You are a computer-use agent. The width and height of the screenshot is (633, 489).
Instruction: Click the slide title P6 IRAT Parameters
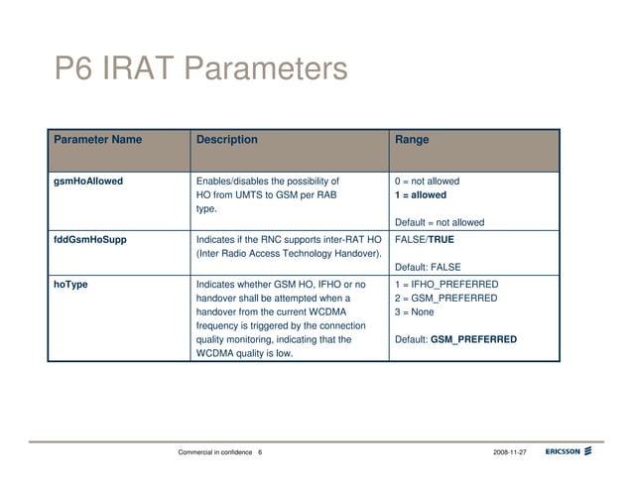pyautogui.click(x=200, y=70)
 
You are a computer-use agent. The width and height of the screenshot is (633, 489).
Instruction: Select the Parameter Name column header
pyautogui.click(x=97, y=140)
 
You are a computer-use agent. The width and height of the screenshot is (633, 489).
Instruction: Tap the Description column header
pyautogui.click(x=227, y=140)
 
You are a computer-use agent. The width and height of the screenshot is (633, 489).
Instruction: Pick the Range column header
pyautogui.click(x=412, y=140)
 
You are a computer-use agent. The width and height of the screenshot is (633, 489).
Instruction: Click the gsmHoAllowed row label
pyautogui.click(x=88, y=182)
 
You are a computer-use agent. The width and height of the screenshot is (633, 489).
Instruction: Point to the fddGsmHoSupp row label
pyautogui.click(x=89, y=240)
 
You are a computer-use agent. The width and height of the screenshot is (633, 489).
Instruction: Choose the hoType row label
pyautogui.click(x=70, y=285)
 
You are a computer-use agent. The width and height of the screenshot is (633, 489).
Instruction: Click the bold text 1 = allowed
pyautogui.click(x=421, y=195)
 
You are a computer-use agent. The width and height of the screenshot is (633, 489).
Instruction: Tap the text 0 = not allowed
pyautogui.click(x=427, y=182)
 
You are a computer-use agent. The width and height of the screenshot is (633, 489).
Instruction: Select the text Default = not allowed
pyautogui.click(x=440, y=223)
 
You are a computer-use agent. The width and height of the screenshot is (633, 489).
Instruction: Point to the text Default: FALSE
pyautogui.click(x=428, y=268)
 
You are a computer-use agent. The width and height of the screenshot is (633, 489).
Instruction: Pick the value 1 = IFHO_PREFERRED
pyautogui.click(x=445, y=285)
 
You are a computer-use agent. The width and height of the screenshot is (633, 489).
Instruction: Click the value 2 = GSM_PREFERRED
pyautogui.click(x=445, y=299)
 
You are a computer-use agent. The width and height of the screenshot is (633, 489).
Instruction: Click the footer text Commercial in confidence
pyautogui.click(x=214, y=452)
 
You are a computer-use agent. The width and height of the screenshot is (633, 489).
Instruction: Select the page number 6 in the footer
pyautogui.click(x=259, y=452)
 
